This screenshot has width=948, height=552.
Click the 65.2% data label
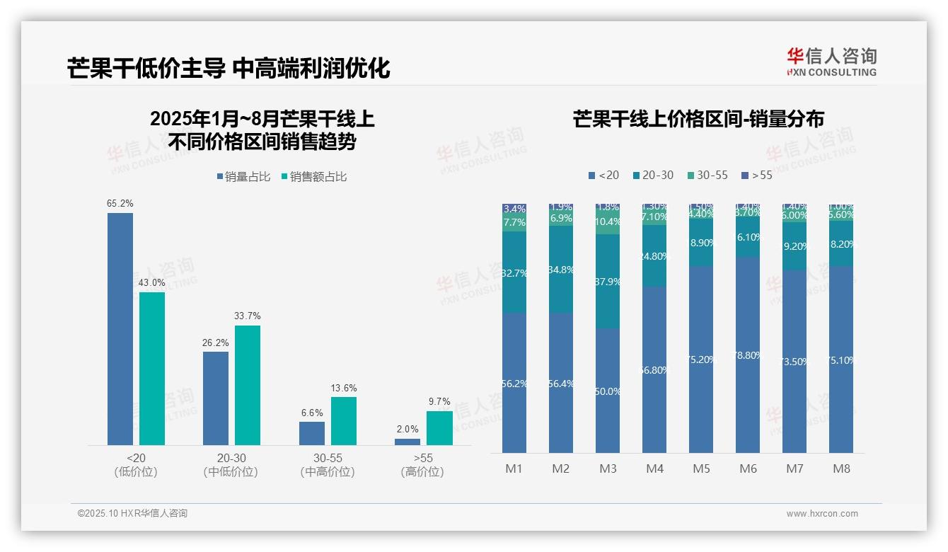tap(120, 204)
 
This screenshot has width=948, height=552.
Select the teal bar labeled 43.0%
tap(152, 368)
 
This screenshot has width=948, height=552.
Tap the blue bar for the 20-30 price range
tap(216, 398)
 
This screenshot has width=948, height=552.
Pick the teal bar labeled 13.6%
tap(344, 420)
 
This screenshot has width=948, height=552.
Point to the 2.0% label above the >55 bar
tap(407, 430)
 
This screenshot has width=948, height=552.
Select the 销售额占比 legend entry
tap(314, 177)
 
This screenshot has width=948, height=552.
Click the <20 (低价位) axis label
tap(135, 465)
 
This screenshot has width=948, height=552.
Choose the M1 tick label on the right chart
tap(514, 468)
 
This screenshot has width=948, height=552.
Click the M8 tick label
tap(841, 468)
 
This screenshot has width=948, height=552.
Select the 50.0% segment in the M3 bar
tap(608, 391)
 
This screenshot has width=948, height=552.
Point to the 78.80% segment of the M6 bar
tap(748, 355)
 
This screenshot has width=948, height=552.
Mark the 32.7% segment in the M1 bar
tap(514, 272)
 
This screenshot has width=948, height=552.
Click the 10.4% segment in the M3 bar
tap(608, 222)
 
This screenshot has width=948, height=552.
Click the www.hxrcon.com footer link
tap(822, 514)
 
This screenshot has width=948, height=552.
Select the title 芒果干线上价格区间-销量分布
tap(698, 120)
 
